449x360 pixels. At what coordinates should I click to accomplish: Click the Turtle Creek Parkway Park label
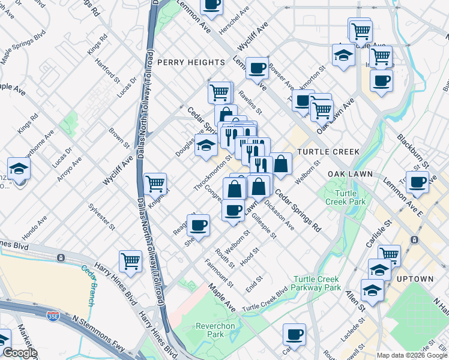[318, 283]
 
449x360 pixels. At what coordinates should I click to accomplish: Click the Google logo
[20, 353]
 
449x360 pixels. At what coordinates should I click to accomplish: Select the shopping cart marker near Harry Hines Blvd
[130, 261]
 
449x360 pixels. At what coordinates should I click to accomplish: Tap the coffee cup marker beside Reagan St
[198, 226]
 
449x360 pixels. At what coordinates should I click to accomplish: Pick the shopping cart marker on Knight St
[155, 183]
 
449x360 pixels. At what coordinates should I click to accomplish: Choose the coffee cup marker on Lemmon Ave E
[417, 182]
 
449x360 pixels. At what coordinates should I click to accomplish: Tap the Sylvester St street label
[101, 217]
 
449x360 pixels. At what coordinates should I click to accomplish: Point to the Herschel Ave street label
[234, 21]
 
